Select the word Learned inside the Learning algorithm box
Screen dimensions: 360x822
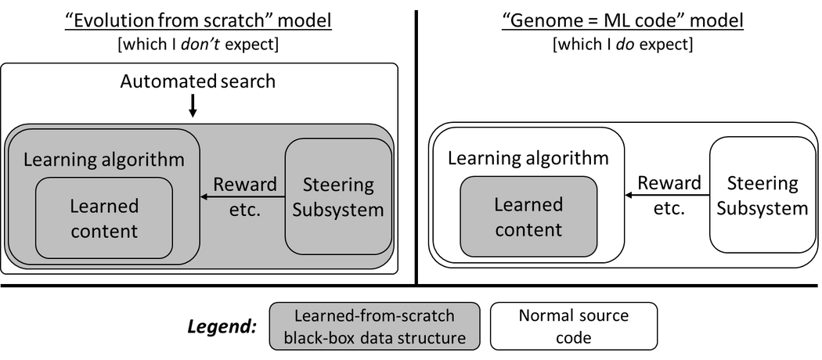pos(103,206)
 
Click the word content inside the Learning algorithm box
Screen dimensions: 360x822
pos(103,231)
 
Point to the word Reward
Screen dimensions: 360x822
pos(245,185)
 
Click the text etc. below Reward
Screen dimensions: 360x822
pos(245,210)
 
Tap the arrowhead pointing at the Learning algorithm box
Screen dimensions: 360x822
pos(205,197)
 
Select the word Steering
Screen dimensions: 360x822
pos(338,185)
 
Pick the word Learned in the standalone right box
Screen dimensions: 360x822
pos(528,204)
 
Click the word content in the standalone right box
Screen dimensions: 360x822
pos(528,229)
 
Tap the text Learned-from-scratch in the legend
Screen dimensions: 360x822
pos(374,317)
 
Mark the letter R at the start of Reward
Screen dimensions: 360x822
pos(218,185)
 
